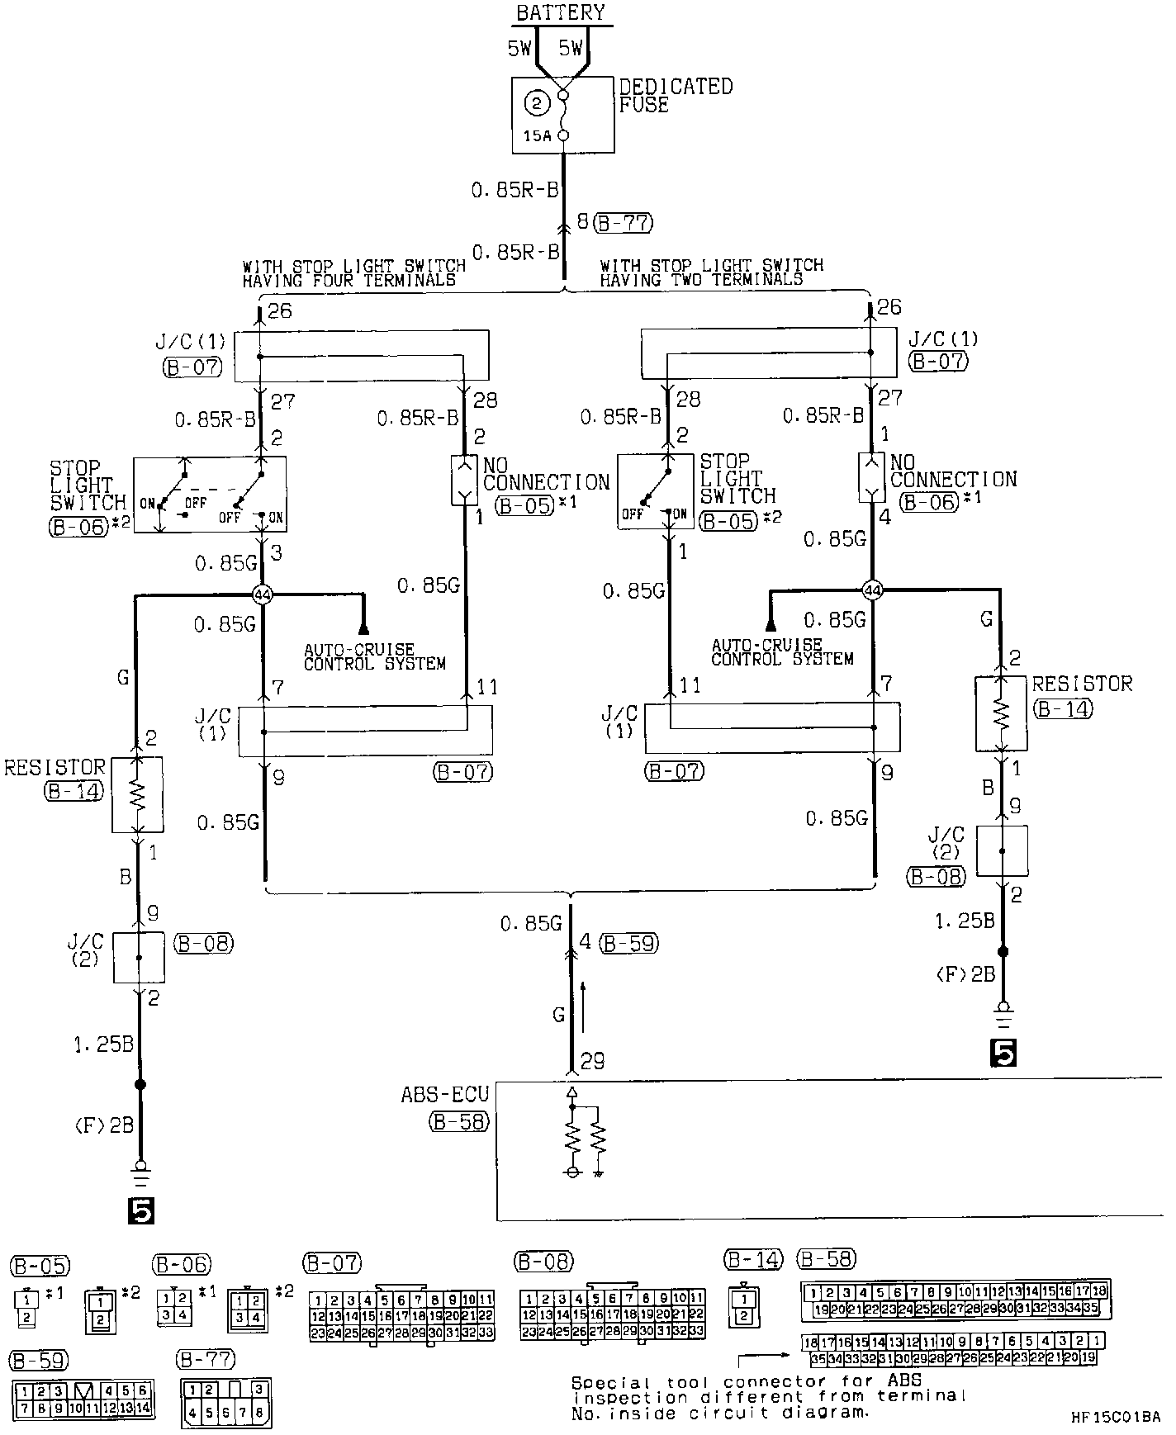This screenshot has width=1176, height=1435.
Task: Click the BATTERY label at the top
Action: [561, 12]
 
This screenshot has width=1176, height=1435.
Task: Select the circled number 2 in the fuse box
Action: [538, 103]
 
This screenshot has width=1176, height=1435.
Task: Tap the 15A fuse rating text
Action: [536, 136]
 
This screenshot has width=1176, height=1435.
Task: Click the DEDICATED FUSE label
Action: [675, 95]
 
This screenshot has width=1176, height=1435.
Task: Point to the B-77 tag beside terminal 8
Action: [623, 222]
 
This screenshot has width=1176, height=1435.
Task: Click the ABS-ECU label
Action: [444, 1094]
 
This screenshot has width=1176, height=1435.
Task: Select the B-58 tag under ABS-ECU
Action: [458, 1121]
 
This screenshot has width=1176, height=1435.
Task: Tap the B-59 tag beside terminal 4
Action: [628, 942]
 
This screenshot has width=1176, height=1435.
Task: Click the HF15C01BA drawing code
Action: [1116, 1416]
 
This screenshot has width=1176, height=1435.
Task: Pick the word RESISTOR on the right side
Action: [1082, 684]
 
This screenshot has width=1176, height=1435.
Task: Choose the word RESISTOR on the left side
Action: [55, 768]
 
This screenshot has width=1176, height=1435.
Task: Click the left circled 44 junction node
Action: [263, 594]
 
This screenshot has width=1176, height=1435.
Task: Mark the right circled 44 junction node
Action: [872, 590]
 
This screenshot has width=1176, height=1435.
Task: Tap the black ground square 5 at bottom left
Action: [140, 1210]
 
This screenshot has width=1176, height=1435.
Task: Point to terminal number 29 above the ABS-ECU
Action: [593, 1061]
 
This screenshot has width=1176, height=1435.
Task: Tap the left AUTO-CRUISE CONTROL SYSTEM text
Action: [374, 656]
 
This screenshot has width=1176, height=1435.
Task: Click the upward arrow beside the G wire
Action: [584, 1002]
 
